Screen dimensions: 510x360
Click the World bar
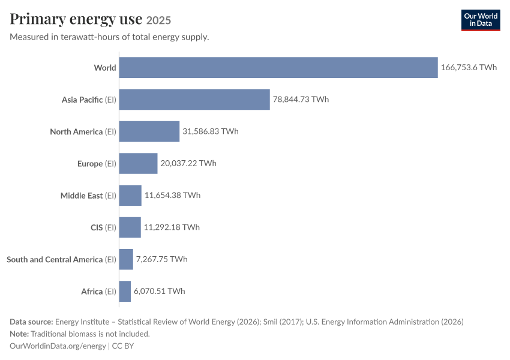pos(278,68)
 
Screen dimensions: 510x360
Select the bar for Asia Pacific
pos(194,100)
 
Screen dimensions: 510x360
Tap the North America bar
pos(149,131)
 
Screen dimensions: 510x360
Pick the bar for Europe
pos(138,163)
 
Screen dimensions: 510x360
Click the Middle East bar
pos(130,196)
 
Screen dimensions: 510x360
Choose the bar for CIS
pos(130,227)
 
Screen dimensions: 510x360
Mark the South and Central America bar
pos(126,259)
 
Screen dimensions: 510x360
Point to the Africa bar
pos(125,292)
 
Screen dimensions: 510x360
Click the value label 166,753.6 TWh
pos(469,67)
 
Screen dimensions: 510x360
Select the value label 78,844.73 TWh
pos(301,99)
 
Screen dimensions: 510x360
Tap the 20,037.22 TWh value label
pos(188,163)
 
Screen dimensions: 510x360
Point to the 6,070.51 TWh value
pos(160,291)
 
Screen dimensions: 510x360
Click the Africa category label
pos(98,292)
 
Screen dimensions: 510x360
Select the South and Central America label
pos(61,260)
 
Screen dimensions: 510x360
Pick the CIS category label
pos(103,227)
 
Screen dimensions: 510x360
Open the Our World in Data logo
pos(481,20)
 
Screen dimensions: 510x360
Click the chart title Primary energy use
pos(76,19)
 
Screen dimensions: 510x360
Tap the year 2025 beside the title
pos(158,20)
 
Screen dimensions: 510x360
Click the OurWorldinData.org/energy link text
pos(58,346)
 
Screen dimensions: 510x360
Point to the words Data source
pos(31,322)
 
